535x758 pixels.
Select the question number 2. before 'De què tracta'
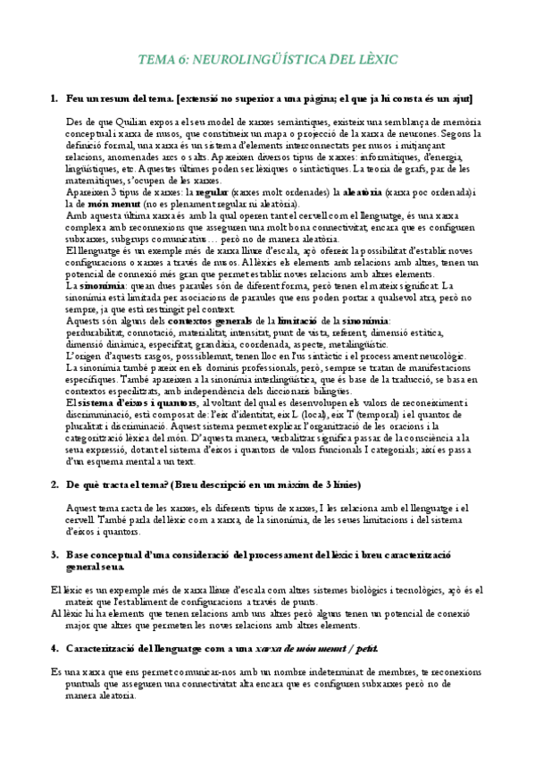point(54,485)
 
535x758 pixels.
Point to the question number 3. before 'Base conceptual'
point(54,555)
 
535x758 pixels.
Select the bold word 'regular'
point(211,192)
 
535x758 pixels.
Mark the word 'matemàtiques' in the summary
point(97,180)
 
